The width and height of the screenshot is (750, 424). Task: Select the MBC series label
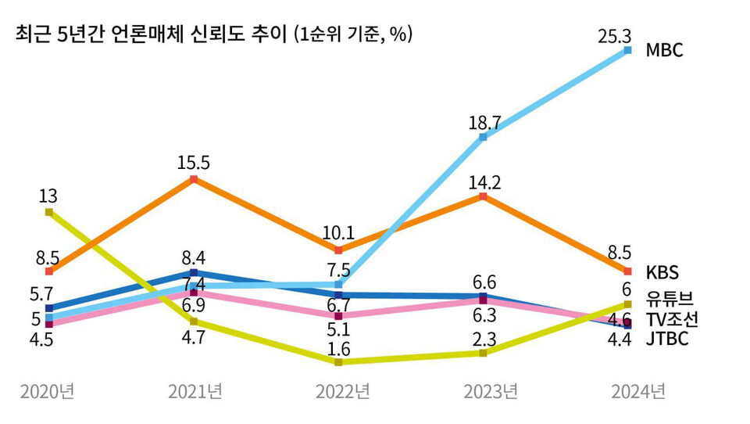point(664,51)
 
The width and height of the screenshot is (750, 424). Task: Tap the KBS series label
point(662,272)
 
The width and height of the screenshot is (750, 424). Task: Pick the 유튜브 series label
point(670,297)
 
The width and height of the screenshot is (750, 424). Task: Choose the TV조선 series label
point(672,318)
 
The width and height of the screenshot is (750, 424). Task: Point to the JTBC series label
point(666,340)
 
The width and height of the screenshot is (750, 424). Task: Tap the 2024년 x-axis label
point(637,391)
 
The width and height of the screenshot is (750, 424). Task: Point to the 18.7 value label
point(483,122)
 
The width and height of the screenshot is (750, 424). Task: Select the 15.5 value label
point(194,163)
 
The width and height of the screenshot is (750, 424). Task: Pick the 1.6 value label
point(338,347)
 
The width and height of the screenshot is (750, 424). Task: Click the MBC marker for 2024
point(627,51)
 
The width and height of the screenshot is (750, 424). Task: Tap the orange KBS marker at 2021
point(194,180)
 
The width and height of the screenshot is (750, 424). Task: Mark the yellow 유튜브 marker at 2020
point(49,212)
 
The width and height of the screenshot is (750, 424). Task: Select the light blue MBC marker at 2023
point(483,138)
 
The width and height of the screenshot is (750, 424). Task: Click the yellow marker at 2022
point(338,362)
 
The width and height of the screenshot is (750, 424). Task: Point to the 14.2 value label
point(483,181)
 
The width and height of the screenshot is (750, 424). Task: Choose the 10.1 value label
point(338,233)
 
